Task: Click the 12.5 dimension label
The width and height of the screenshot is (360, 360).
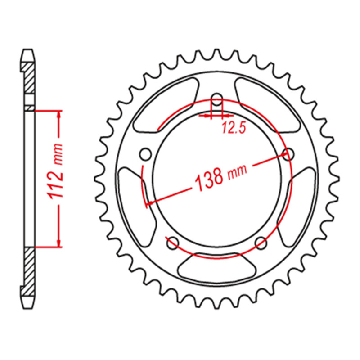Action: [234, 128]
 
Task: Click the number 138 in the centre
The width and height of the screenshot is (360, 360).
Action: [209, 180]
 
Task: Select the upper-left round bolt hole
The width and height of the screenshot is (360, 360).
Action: [145, 154]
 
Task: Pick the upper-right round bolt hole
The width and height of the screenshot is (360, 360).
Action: [288, 154]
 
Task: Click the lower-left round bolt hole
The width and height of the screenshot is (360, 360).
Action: [173, 243]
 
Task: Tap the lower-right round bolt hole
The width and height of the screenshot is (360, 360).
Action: [261, 243]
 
